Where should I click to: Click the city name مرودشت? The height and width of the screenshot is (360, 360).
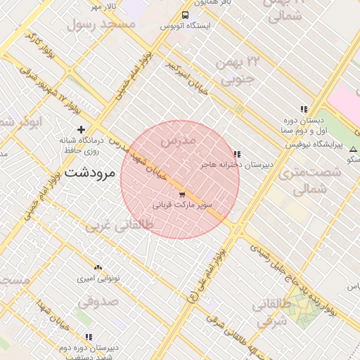pyautogui.click(x=89, y=172)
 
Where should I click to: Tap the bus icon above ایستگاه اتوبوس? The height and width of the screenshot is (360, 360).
pyautogui.click(x=185, y=15)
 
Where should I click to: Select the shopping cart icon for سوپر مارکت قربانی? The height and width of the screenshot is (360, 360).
pyautogui.click(x=182, y=194)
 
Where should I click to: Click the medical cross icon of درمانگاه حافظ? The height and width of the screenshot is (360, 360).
pyautogui.click(x=82, y=129)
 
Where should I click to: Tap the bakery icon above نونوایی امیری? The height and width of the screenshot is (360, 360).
pyautogui.click(x=98, y=268)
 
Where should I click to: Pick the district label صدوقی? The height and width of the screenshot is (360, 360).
pyautogui.click(x=96, y=302)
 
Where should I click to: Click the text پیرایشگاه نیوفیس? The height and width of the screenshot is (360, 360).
pyautogui.click(x=314, y=145)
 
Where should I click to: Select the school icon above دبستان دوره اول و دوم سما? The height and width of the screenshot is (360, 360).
pyautogui.click(x=303, y=110)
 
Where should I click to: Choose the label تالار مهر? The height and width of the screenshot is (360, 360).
pyautogui.click(x=103, y=6)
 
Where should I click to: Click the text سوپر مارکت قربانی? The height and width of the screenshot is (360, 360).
pyautogui.click(x=181, y=206)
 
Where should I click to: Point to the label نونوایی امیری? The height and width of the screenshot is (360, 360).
pyautogui.click(x=98, y=278)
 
